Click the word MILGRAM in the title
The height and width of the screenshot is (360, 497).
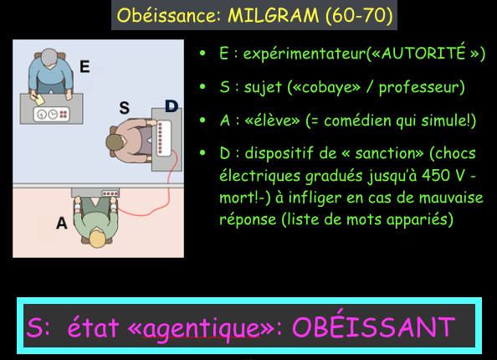[274, 15]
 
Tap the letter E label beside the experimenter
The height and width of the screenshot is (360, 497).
[85, 67]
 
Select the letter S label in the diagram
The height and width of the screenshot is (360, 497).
[124, 108]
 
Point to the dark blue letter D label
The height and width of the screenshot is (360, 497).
[172, 106]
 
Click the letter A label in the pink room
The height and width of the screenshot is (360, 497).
[62, 223]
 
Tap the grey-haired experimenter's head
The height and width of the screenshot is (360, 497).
[49, 57]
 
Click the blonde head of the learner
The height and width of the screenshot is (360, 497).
[98, 239]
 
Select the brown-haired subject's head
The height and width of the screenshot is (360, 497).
[115, 142]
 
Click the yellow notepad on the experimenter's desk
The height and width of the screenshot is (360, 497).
[39, 100]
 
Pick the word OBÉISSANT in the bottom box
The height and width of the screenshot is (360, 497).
[374, 327]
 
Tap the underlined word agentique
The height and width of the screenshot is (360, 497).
[202, 328]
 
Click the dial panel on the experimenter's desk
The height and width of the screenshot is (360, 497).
[51, 114]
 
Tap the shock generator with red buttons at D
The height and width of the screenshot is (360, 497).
[164, 138]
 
